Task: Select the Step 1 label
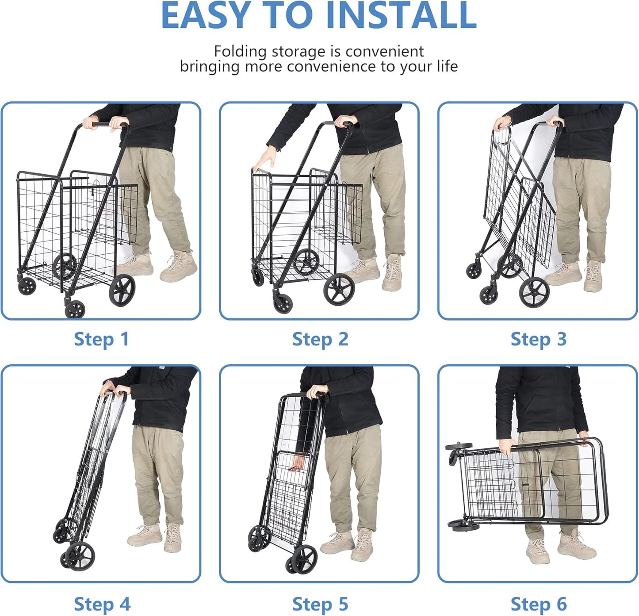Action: [101, 339]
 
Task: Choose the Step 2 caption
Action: [320, 339]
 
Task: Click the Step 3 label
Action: [539, 339]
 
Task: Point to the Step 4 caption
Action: [102, 604]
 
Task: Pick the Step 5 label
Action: [320, 604]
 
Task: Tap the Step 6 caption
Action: [539, 604]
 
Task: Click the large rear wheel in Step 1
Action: [122, 290]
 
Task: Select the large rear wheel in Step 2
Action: [339, 290]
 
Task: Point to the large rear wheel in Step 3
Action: [534, 292]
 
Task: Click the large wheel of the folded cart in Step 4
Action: [80, 556]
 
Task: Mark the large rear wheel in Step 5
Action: [305, 559]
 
